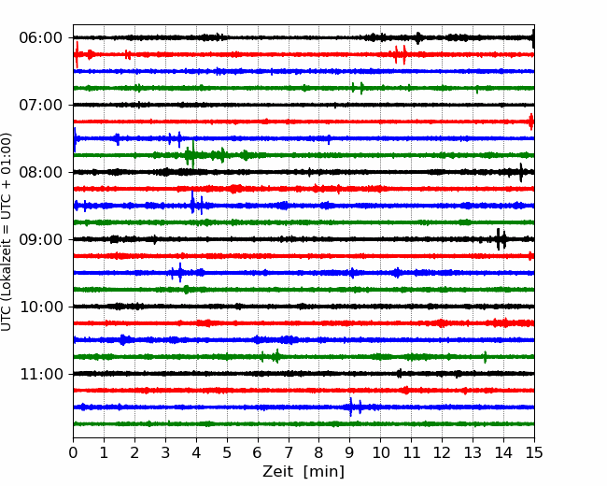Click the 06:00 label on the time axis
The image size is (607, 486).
pos(40,38)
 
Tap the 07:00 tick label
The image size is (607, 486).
pos(40,105)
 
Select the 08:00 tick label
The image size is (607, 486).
pos(40,172)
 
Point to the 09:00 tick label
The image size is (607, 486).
pos(40,239)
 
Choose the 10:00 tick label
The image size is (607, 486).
pos(40,307)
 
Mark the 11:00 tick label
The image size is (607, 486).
pos(40,374)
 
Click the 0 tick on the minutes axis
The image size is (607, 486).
pos(73,452)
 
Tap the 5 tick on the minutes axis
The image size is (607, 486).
pos(227,452)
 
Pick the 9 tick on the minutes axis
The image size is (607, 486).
pos(350,452)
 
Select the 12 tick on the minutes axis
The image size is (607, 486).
pos(442,452)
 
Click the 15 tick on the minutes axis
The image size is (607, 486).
pos(534,452)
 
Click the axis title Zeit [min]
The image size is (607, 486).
pos(303,472)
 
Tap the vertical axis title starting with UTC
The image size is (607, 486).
pos(7,232)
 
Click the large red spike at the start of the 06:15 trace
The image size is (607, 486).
pos(77,54)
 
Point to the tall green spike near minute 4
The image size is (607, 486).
pos(192,154)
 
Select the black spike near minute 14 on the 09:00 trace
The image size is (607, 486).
pos(499,239)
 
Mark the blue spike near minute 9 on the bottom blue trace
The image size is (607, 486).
pos(351,407)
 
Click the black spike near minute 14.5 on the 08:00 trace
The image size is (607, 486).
pos(521,173)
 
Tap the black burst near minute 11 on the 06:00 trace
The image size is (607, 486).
pos(418,38)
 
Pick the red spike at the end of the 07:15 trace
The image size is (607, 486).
pos(531,121)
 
